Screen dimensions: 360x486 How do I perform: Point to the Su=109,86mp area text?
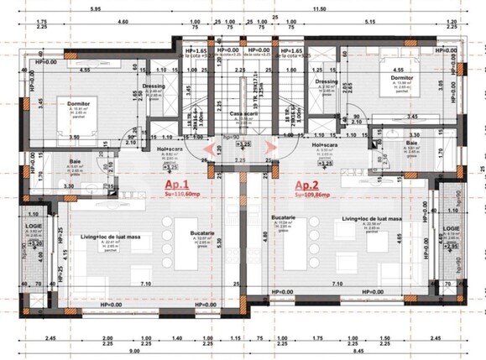point(311,217)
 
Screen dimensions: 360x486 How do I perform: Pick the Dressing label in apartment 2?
point(326,81)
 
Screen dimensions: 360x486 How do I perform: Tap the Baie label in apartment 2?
point(411,143)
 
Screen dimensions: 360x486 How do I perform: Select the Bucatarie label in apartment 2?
point(284,217)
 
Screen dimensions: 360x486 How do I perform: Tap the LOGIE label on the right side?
point(452,227)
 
